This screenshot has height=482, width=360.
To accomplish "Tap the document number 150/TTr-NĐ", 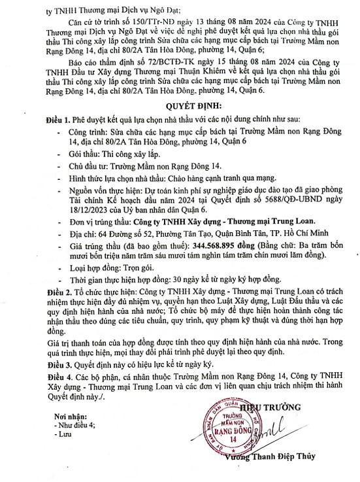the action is [127, 22].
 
